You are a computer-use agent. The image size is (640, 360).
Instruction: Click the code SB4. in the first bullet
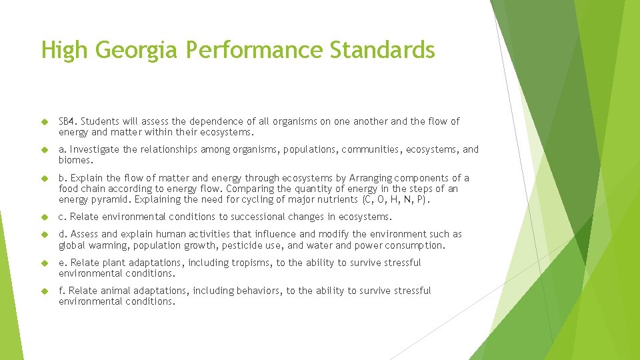pyautogui.click(x=68, y=121)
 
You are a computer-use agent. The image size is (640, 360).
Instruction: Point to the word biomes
pyautogui.click(x=74, y=160)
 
